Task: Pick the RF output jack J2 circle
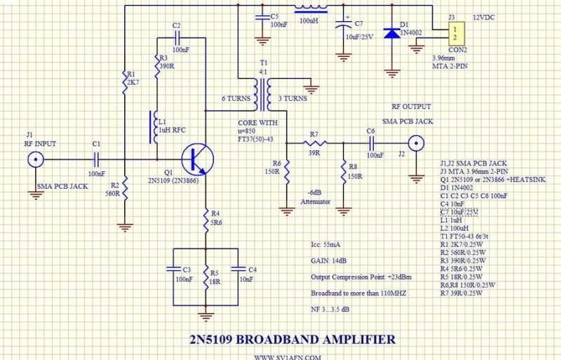tap(417, 142)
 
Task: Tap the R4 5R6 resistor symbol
tap(206, 218)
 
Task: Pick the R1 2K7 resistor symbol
tap(125, 82)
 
